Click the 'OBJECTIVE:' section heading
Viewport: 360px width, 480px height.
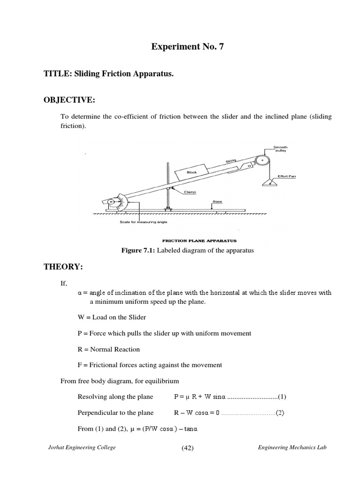pyautogui.click(x=69, y=100)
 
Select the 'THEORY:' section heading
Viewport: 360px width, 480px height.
pyautogui.click(x=63, y=267)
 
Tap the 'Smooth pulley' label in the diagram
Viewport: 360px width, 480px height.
pyautogui.click(x=280, y=149)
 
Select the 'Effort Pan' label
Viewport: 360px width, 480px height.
pyautogui.click(x=287, y=176)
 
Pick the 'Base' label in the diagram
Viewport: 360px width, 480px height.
pyautogui.click(x=217, y=202)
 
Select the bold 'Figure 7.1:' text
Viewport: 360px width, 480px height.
pyautogui.click(x=139, y=250)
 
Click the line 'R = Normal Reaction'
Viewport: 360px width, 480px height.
pyautogui.click(x=109, y=349)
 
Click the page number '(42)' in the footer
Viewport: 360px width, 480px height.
pyautogui.click(x=187, y=448)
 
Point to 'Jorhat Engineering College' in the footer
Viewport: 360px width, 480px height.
pyautogui.click(x=82, y=448)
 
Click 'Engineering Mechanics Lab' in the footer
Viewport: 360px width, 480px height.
pyautogui.click(x=292, y=448)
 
